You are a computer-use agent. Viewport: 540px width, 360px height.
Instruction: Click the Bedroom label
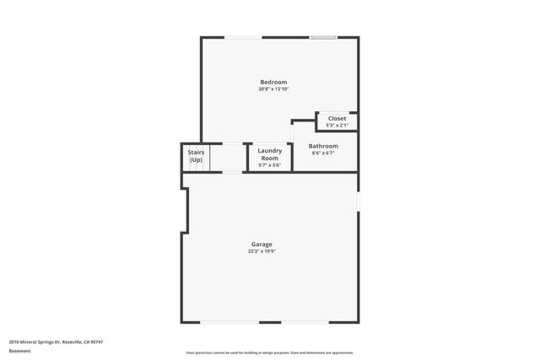click(273, 82)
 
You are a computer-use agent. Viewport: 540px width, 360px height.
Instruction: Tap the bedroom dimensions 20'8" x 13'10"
click(273, 89)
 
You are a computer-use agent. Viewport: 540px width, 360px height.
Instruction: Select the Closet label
click(337, 119)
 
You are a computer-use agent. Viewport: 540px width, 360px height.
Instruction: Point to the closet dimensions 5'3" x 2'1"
click(337, 126)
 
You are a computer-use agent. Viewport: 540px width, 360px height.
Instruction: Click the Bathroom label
click(323, 146)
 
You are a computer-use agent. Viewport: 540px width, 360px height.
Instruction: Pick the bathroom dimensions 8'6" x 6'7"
click(323, 153)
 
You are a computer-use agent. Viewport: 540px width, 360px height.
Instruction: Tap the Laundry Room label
click(269, 154)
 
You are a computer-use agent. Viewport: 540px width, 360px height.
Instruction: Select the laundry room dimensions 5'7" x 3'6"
click(269, 165)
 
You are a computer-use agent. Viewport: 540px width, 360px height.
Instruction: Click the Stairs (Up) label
click(196, 156)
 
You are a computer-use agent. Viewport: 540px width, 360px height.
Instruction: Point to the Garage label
click(261, 244)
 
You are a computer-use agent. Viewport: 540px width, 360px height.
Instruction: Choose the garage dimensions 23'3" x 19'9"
click(261, 250)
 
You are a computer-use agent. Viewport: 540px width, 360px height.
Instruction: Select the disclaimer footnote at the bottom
click(269, 352)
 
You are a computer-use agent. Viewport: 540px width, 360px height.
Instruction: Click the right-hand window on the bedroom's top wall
click(323, 37)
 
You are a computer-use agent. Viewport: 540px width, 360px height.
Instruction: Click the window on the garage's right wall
click(358, 201)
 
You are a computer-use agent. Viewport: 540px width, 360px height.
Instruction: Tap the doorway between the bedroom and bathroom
click(292, 131)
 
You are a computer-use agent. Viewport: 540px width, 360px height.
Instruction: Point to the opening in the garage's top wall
click(232, 172)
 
